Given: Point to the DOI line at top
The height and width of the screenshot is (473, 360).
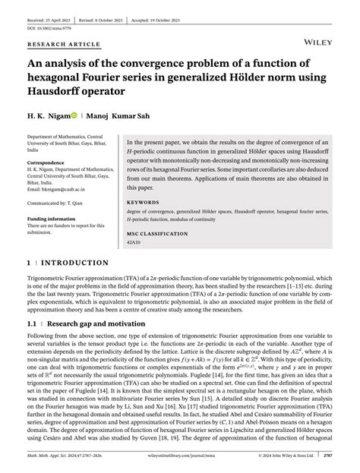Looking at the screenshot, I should point(46,15).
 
